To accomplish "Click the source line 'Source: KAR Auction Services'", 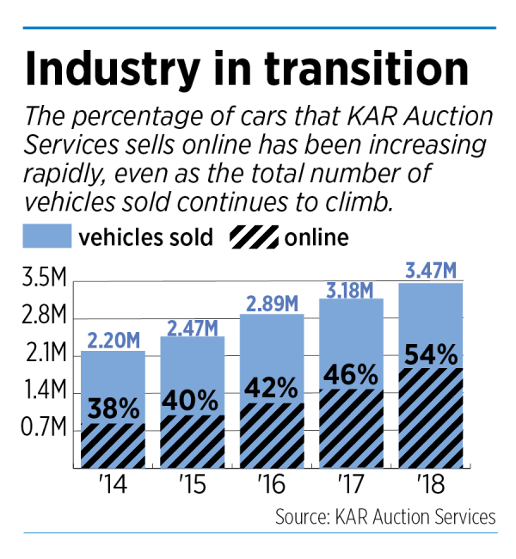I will point(385,517).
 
